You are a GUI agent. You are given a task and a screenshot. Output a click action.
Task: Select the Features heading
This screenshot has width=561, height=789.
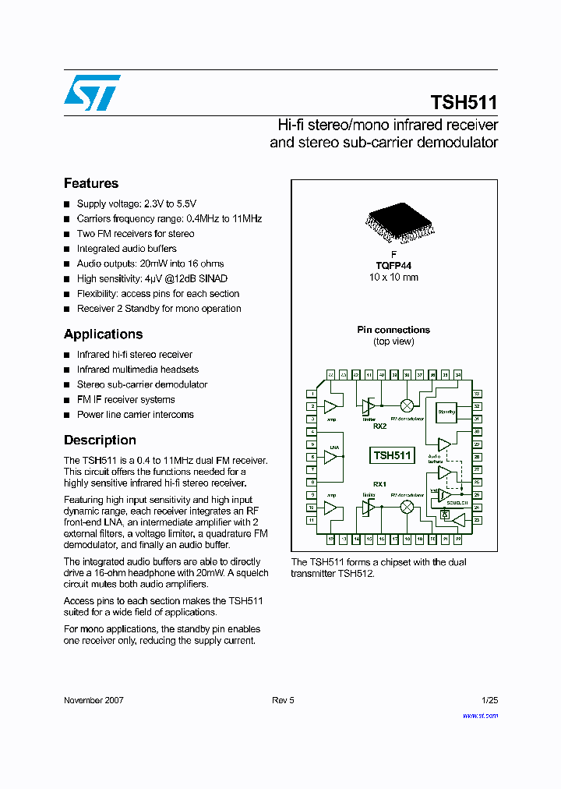click(91, 183)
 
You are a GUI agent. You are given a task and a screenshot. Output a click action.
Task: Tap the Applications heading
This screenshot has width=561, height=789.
click(103, 334)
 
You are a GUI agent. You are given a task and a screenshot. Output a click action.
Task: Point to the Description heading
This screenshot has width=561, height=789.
click(100, 440)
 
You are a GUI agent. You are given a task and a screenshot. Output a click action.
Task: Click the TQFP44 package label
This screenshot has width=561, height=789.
click(393, 266)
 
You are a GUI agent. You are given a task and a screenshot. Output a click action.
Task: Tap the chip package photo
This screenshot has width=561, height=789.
click(393, 223)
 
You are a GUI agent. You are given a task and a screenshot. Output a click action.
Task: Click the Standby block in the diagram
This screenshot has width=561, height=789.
click(446, 412)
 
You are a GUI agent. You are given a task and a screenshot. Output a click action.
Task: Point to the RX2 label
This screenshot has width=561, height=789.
click(380, 426)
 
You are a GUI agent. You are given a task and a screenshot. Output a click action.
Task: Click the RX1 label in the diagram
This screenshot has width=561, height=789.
click(380, 483)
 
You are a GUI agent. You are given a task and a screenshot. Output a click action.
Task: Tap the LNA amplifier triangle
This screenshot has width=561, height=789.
click(331, 457)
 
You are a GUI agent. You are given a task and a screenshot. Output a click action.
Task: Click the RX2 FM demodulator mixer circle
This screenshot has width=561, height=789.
click(407, 405)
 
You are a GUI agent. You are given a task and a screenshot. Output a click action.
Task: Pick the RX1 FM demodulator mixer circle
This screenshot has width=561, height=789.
click(407, 507)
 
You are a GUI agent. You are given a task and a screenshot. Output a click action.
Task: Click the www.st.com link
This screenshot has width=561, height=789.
click(480, 715)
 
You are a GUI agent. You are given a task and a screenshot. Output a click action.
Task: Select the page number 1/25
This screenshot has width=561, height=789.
click(489, 700)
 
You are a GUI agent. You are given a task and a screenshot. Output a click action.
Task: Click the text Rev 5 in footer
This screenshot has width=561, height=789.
click(283, 700)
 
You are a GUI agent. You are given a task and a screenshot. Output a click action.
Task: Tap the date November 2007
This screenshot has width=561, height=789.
click(93, 700)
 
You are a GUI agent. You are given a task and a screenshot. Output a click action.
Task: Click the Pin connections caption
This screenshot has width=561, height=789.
click(393, 330)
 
